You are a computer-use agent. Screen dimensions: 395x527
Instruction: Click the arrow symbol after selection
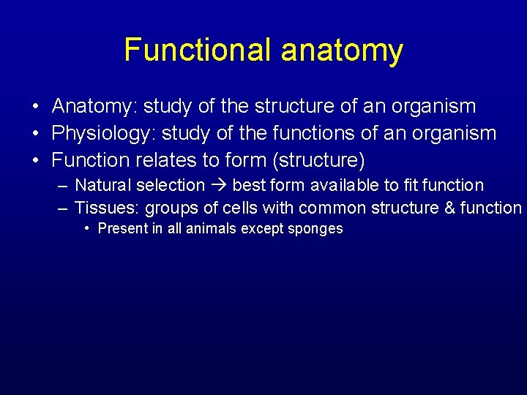[x=218, y=186]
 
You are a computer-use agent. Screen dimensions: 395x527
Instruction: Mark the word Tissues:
[x=107, y=208]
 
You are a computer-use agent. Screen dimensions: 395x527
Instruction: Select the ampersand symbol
[x=450, y=208]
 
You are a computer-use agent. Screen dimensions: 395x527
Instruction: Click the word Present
[x=119, y=229]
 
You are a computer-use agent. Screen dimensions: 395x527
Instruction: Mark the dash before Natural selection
[x=63, y=186]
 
